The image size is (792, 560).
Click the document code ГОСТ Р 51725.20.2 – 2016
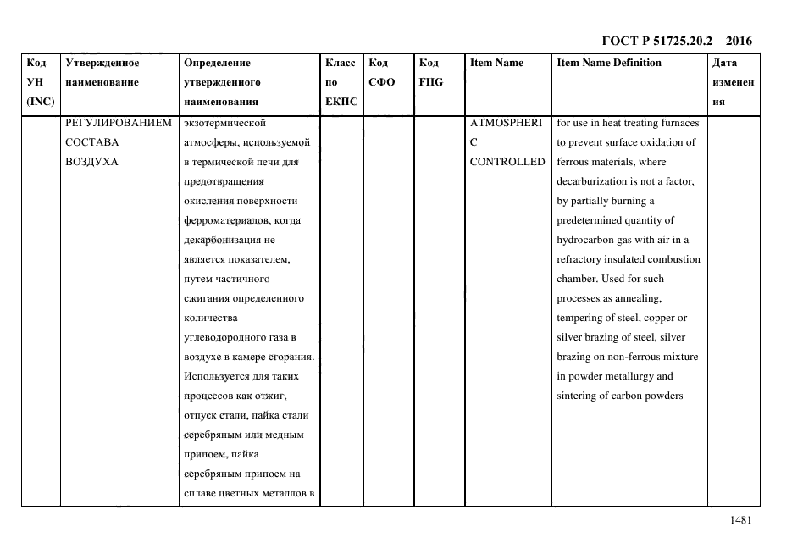pyautogui.click(x=676, y=41)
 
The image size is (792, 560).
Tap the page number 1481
pyautogui.click(x=740, y=521)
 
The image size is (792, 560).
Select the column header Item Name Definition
pyautogui.click(x=609, y=63)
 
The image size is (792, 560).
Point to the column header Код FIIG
pyautogui.click(x=431, y=73)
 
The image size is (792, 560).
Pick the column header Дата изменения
pyautogui.click(x=733, y=82)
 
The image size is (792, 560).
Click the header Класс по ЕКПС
pyautogui.click(x=341, y=82)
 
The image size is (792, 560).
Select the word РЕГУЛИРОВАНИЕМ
pyautogui.click(x=119, y=123)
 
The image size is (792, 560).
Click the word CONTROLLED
pyautogui.click(x=507, y=162)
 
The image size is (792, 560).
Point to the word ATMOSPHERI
pyautogui.click(x=506, y=123)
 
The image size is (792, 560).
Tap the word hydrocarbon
pyautogui.click(x=586, y=240)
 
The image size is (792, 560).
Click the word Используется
pyautogui.click(x=216, y=376)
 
